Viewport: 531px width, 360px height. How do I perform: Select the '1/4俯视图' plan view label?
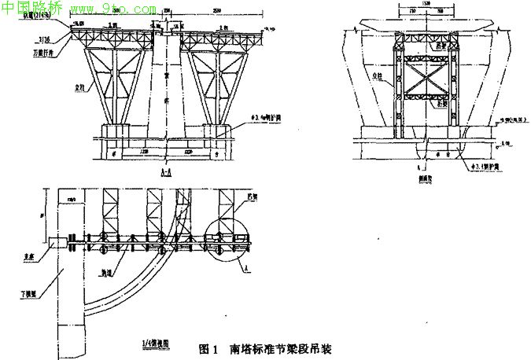click(151, 343)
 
